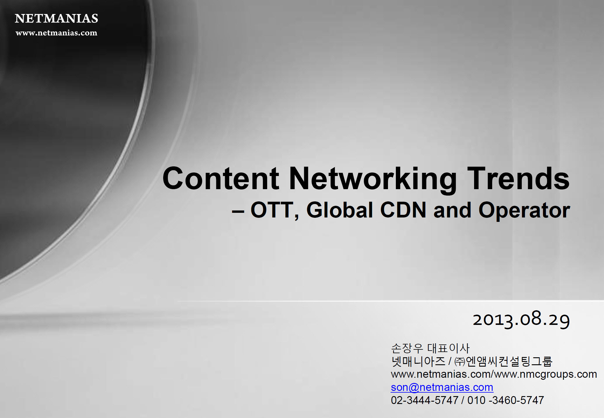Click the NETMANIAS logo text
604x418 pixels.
(x=56, y=18)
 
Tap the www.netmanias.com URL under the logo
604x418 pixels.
(x=56, y=33)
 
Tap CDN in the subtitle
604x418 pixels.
(x=403, y=210)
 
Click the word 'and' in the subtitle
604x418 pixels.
(x=452, y=210)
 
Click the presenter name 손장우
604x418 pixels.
(x=407, y=348)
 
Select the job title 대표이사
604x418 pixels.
(x=448, y=348)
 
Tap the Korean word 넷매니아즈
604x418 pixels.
(x=418, y=361)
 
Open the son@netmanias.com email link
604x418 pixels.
(x=442, y=387)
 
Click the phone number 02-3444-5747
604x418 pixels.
(x=425, y=400)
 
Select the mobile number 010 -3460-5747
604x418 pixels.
(x=506, y=400)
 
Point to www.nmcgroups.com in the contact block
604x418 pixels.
(x=546, y=374)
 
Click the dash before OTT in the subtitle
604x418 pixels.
(x=238, y=212)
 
